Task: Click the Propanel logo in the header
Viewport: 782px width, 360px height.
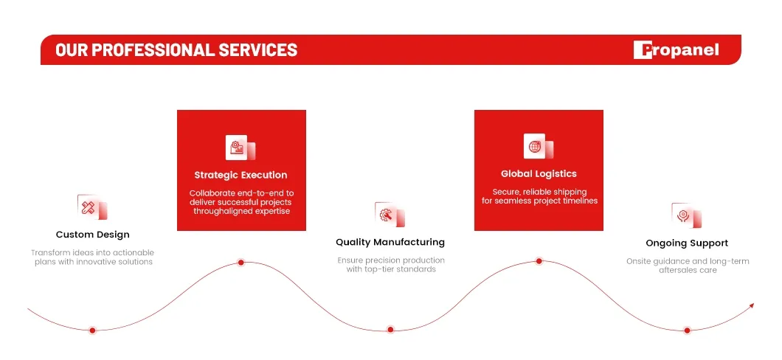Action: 676,50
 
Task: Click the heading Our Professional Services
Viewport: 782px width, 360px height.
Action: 176,50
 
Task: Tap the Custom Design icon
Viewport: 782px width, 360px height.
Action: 92,207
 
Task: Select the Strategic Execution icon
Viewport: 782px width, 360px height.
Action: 241,148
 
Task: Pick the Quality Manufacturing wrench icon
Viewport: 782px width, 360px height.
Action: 390,215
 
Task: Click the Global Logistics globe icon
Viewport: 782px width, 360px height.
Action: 539,146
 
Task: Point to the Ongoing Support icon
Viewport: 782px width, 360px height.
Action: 687,215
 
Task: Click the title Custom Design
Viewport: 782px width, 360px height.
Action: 93,235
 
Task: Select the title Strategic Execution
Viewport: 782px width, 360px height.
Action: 241,175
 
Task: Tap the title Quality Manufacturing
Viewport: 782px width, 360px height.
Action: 390,242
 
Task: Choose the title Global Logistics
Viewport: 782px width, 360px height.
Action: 539,174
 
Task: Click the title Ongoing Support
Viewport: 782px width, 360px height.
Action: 687,243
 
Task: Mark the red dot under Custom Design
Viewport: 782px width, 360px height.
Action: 92,330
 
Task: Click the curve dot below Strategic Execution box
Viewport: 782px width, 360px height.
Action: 241,263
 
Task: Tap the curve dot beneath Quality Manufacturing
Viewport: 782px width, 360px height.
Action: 390,329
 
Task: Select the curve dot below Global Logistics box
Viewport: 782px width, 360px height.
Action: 539,260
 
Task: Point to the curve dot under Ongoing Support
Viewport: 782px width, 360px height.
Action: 688,330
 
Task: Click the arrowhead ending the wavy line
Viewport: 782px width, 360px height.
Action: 752,305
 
